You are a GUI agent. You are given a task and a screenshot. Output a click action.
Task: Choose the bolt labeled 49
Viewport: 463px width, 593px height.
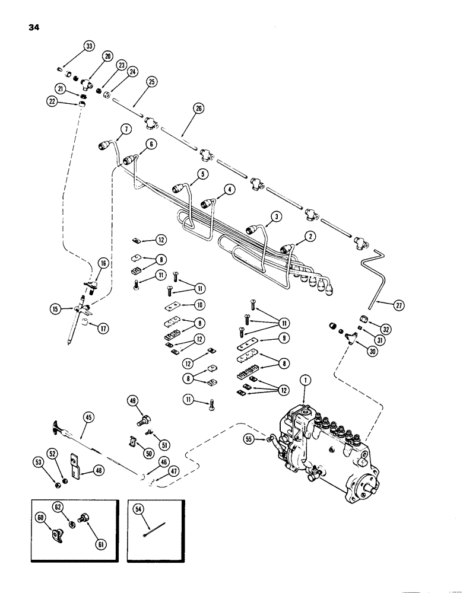[142, 422]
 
